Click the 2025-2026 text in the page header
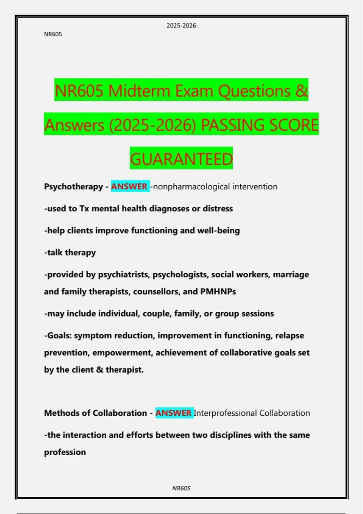(181, 26)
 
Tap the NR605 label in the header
(53, 34)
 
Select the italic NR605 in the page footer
(181, 488)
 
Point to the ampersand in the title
(302, 91)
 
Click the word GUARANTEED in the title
(181, 159)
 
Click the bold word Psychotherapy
(74, 187)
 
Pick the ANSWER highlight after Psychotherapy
(129, 187)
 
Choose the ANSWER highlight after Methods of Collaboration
(174, 413)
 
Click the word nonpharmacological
(191, 187)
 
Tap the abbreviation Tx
(84, 209)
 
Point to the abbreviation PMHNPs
(218, 291)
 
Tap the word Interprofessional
(225, 413)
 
